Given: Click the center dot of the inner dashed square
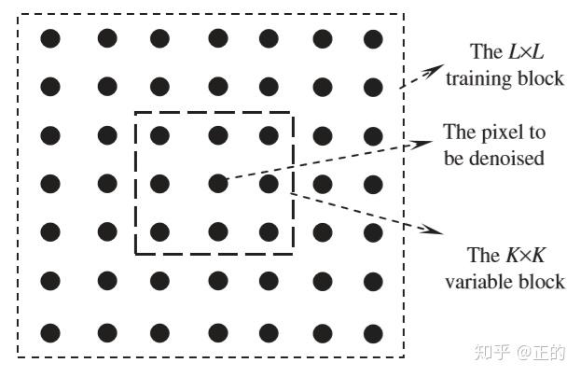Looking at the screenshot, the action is click(x=217, y=183).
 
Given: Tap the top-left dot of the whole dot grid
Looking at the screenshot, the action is click(x=50, y=39).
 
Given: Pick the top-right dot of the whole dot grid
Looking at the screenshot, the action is click(x=374, y=39).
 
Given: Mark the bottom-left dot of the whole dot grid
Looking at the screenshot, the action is click(x=50, y=332).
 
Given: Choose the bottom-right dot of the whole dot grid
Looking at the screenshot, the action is click(x=374, y=332).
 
